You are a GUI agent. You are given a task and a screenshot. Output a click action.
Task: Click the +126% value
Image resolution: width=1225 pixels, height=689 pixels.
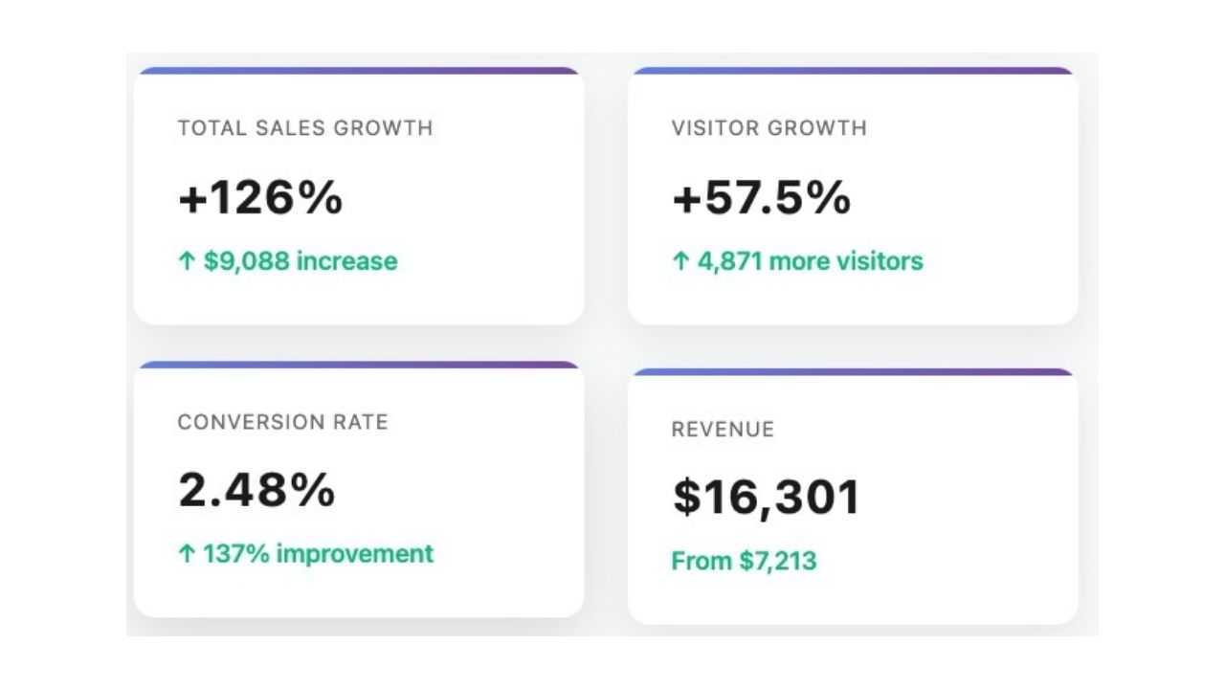pos(260,198)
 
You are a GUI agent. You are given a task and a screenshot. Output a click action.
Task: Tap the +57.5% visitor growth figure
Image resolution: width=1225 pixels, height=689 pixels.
pos(761,198)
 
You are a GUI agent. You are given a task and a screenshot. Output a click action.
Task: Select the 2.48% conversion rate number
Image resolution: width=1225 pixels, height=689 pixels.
pos(256,490)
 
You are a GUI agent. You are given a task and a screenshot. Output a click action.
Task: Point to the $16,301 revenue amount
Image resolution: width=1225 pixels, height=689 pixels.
pos(767,498)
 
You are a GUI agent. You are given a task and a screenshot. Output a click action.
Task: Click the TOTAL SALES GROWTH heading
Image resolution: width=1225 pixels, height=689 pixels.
pos(305,127)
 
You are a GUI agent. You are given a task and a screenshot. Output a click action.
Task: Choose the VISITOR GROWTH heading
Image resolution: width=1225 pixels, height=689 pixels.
pos(769,127)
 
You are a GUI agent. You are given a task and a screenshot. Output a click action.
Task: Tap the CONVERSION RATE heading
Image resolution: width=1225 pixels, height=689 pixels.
pos(283,422)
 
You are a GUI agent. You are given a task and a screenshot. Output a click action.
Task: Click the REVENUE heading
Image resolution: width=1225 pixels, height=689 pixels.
pos(723,429)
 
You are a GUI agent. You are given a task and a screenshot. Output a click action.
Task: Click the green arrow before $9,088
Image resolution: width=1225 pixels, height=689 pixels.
pos(187,261)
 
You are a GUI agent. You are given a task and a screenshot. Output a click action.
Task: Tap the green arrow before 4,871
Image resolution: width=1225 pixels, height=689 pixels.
pos(680,261)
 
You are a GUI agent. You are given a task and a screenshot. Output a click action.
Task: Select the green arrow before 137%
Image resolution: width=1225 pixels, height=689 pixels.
pos(187,553)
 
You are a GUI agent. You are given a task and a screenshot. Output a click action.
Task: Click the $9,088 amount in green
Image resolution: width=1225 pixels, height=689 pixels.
pos(246,261)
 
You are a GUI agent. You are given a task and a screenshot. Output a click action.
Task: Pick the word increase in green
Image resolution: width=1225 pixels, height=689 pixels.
pos(346,261)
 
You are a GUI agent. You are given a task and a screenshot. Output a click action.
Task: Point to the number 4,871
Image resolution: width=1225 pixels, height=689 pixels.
pos(729,261)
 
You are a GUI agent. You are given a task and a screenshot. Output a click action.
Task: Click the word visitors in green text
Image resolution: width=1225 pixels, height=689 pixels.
pos(878,261)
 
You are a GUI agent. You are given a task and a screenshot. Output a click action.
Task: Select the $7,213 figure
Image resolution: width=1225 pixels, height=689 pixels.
pos(777,561)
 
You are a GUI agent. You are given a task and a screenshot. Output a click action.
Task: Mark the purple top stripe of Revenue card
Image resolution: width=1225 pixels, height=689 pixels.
pos(853,371)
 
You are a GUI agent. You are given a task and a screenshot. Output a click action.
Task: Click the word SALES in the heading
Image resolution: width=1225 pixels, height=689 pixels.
pos(290,127)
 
